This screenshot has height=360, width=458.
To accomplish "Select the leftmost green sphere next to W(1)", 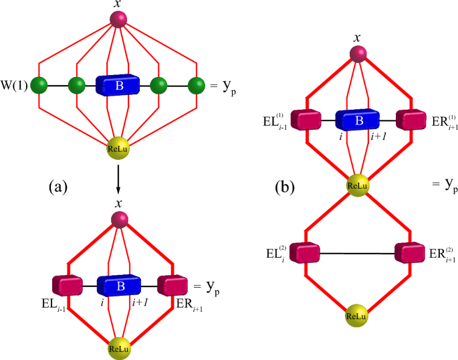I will tap(40, 86).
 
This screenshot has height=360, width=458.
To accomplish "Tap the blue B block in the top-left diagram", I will tap(118, 86).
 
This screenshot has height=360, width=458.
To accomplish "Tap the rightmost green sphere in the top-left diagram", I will tap(196, 86).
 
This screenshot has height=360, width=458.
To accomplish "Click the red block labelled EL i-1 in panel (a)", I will tap(66, 284).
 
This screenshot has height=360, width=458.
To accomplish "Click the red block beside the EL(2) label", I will tap(306, 253).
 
